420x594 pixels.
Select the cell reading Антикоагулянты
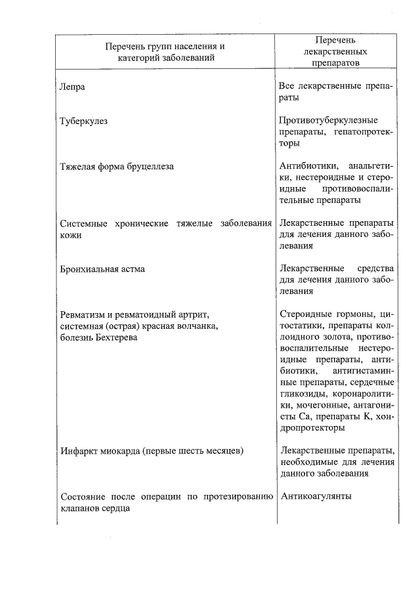pyautogui.click(x=316, y=496)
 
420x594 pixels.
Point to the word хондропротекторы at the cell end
pyautogui.click(x=312, y=427)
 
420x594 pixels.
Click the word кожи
pyautogui.click(x=70, y=235)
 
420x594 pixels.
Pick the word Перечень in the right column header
pyautogui.click(x=335, y=40)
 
